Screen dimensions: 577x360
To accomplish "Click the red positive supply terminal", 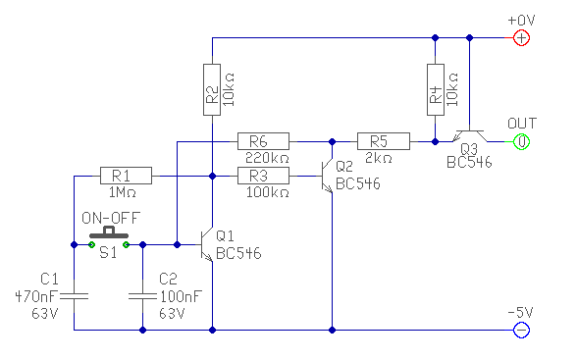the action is point(521,38).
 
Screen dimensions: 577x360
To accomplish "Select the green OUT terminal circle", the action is point(521,141).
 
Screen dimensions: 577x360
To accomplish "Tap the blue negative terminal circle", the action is point(521,330).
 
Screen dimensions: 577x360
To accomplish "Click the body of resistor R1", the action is point(126,176).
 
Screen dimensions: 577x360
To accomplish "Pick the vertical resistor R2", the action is point(212,89).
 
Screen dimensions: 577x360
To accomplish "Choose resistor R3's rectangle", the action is point(263,176).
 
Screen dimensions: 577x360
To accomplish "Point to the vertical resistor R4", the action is point(436,89).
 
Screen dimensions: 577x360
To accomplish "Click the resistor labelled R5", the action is point(384,141).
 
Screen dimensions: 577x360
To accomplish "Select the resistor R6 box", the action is point(263,141).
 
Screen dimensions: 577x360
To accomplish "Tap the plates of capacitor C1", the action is point(74,295).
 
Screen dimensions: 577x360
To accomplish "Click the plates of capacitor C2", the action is point(143,295).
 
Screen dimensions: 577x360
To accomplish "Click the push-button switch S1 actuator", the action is point(109,233).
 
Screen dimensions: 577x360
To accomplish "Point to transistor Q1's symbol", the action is point(207,244).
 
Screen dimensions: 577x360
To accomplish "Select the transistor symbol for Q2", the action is point(327,176).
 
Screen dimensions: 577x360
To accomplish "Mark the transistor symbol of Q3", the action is point(469,136).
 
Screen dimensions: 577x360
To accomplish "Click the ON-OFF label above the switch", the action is point(111,218).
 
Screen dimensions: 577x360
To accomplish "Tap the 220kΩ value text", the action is point(267,158).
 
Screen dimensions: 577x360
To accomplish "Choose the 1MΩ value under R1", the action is point(122,192).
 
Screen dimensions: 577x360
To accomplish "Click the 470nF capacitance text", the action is point(36,296).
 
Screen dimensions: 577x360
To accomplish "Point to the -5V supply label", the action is point(521,313).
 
